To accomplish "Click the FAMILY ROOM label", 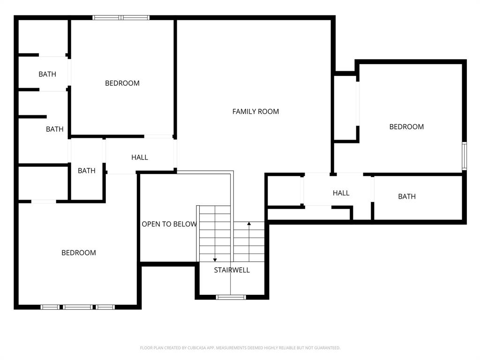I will click(x=255, y=112).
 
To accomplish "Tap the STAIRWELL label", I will click(x=232, y=270).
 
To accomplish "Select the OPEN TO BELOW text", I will click(x=169, y=224).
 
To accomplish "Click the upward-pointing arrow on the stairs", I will click(x=249, y=225).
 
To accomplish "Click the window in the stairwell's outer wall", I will click(x=231, y=297).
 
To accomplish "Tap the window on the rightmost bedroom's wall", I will click(x=464, y=156).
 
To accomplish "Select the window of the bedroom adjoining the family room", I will click(x=121, y=18).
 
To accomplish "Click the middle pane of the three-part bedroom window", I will click(x=78, y=307).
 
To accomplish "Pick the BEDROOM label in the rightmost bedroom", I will click(x=406, y=127).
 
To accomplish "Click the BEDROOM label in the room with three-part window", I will click(x=79, y=253).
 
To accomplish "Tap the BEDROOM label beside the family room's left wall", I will click(x=122, y=83).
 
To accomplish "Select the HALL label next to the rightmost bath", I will click(x=341, y=193).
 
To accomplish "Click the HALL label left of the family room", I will click(x=140, y=157).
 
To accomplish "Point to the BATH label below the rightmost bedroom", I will click(x=406, y=196).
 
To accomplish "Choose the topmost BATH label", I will click(x=47, y=74).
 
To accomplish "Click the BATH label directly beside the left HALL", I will click(x=86, y=171).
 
